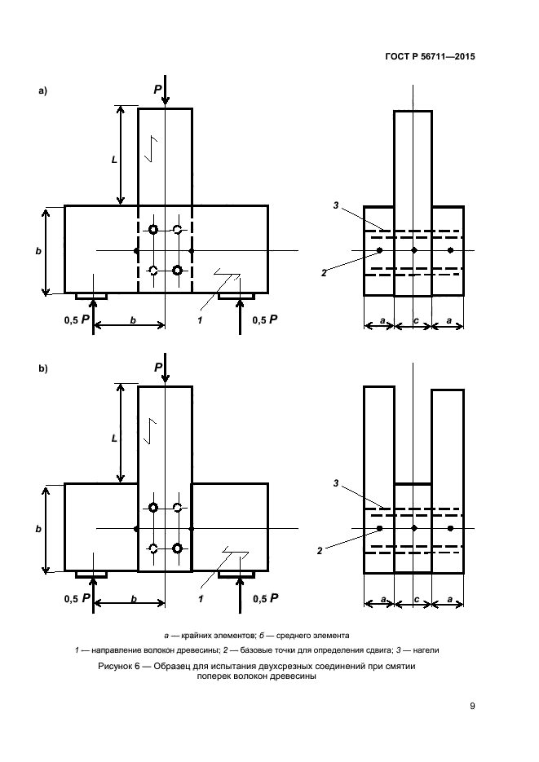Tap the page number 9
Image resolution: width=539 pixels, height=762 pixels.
[472, 706]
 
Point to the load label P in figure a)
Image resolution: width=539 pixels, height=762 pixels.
[158, 89]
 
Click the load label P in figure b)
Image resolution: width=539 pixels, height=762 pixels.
[158, 368]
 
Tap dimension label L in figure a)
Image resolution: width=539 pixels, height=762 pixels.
[114, 161]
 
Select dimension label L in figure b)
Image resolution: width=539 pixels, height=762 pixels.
[114, 437]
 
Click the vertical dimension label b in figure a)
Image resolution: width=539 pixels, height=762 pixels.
[38, 251]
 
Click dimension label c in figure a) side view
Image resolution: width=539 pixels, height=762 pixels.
[415, 322]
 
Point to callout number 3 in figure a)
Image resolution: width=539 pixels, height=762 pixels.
[335, 206]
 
